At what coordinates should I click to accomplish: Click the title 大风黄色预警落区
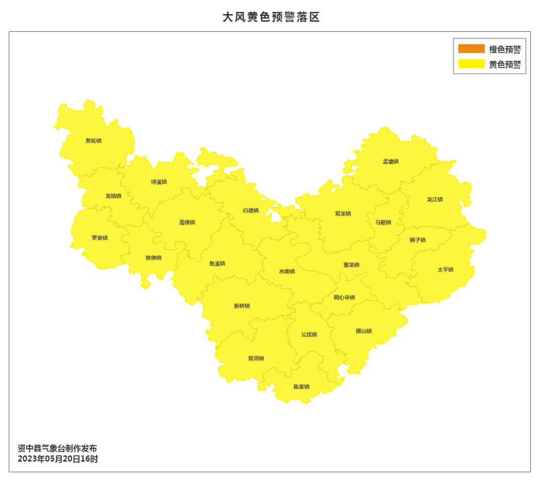point(271,17)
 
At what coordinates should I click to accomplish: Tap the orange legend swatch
point(471,49)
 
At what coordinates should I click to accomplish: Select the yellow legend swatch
point(471,64)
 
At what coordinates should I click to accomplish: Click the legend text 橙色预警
point(505,49)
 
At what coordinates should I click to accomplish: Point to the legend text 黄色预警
point(505,64)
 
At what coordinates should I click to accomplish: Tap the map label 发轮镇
point(93,141)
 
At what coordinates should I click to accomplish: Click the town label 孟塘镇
point(390,162)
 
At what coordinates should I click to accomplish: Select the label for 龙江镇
point(435,199)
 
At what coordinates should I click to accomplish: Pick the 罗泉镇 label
point(99,238)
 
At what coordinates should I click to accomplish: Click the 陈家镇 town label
point(301,387)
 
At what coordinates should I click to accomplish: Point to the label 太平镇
point(445,269)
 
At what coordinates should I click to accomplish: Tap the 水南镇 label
point(287,271)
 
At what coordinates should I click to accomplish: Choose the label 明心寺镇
point(344,297)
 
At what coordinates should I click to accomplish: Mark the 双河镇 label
point(256,359)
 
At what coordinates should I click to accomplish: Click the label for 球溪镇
point(159,182)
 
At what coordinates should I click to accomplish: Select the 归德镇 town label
point(250,211)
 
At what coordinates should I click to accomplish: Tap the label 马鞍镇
point(382,222)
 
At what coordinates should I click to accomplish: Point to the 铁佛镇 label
point(154,258)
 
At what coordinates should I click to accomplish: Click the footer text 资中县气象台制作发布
point(57,448)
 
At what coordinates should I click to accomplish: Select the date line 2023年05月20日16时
point(58,459)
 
